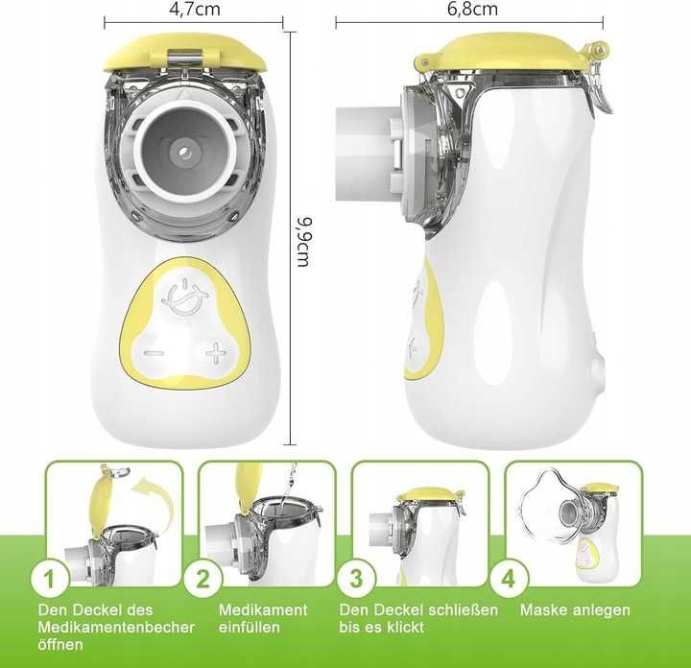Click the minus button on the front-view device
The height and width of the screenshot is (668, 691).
coord(155,353)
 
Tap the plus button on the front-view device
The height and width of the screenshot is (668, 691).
coord(215,354)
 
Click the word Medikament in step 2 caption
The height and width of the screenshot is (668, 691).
coord(263,609)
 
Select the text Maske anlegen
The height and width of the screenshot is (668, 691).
coord(575,609)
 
